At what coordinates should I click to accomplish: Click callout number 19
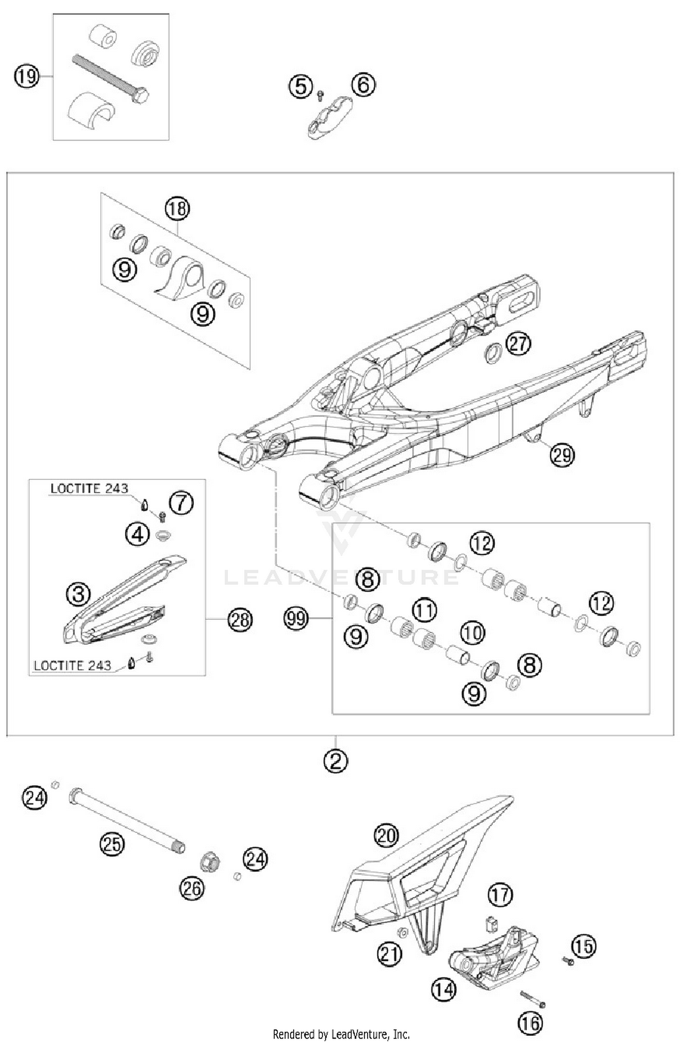point(27,76)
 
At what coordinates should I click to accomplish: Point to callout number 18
point(177,209)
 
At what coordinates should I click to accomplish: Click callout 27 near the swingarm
point(519,344)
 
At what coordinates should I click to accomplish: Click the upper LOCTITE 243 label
point(89,488)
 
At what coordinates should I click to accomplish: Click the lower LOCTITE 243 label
point(73,665)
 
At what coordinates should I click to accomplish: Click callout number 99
point(296,618)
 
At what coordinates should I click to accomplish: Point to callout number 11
point(424,610)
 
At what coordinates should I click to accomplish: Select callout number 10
point(472,632)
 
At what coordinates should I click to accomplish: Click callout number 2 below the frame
point(336,760)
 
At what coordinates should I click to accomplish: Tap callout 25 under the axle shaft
point(112,844)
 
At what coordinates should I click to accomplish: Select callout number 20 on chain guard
point(386,835)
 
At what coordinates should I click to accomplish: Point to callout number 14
point(443,989)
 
